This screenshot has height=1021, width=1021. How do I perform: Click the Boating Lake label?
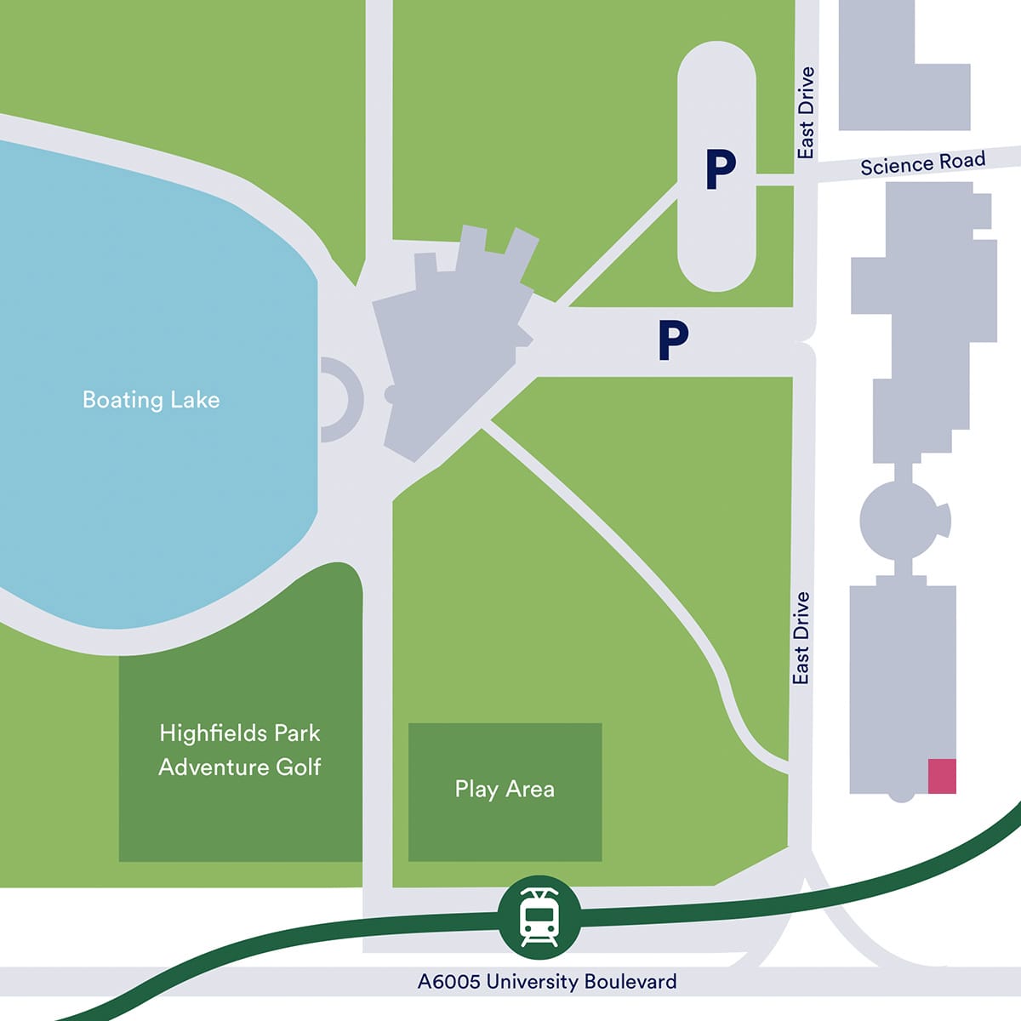click(x=151, y=400)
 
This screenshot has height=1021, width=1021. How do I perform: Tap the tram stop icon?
click(x=539, y=917)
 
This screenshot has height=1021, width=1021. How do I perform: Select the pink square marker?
click(x=942, y=776)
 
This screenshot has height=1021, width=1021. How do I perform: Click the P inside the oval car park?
click(x=720, y=170)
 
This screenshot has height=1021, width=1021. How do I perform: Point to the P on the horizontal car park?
click(x=672, y=340)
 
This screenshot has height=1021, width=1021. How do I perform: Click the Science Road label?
click(x=922, y=163)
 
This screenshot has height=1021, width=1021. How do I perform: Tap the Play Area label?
click(x=505, y=790)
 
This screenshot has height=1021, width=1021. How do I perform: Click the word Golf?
click(x=298, y=767)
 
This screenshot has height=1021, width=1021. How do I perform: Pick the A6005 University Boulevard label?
click(x=547, y=982)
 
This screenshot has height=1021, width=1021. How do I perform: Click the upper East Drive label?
click(x=806, y=113)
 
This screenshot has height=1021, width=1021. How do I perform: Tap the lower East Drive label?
click(x=801, y=638)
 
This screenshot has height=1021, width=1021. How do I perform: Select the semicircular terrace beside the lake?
click(x=343, y=399)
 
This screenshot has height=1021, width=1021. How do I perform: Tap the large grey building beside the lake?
click(x=451, y=340)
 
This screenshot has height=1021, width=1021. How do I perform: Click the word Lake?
click(x=195, y=400)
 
